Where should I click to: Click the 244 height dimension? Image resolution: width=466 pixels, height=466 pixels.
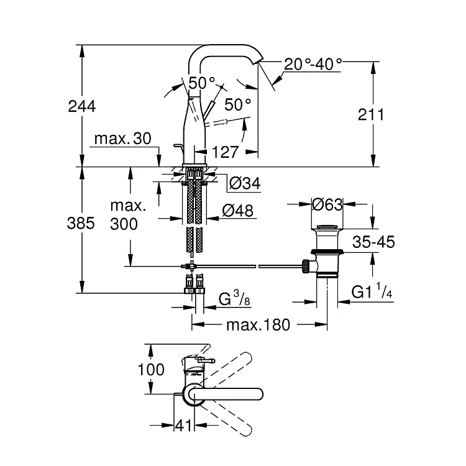pyautogui.click(x=82, y=106)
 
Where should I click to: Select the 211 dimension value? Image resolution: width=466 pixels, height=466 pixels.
pyautogui.click(x=371, y=114)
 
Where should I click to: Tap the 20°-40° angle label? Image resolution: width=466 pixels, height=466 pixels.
pyautogui.click(x=313, y=64)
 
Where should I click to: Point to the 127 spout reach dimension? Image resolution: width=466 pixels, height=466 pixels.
pyautogui.click(x=225, y=152)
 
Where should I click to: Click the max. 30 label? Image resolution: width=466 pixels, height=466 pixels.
pyautogui.click(x=123, y=139)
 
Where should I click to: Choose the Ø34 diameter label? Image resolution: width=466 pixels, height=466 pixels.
pyautogui.click(x=245, y=183)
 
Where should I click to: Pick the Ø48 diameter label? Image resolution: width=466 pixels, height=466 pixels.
pyautogui.click(x=238, y=211)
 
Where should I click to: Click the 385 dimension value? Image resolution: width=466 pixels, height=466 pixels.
pyautogui.click(x=81, y=223)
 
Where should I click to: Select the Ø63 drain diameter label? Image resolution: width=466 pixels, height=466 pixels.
pyautogui.click(x=327, y=204)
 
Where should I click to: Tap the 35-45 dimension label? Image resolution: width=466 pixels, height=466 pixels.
pyautogui.click(x=373, y=242)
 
